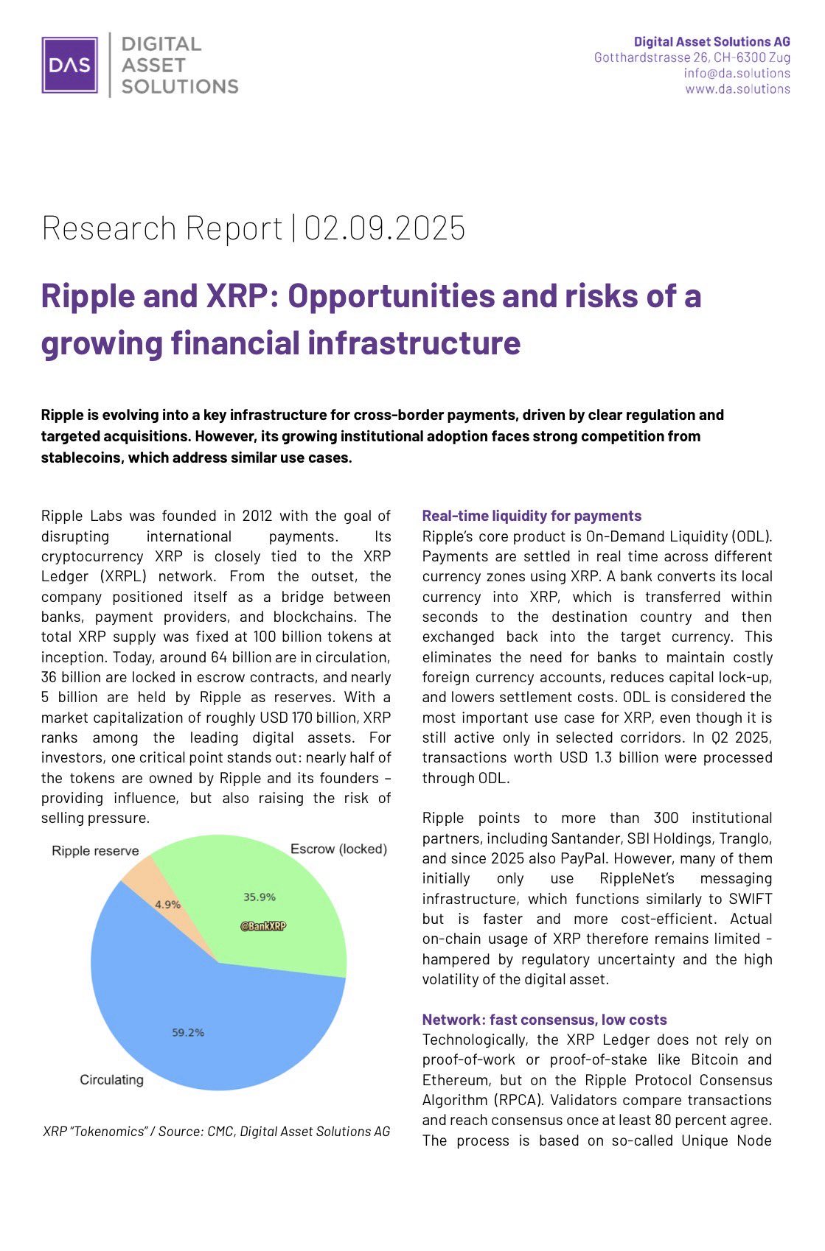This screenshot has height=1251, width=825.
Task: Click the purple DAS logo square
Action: pyautogui.click(x=69, y=65)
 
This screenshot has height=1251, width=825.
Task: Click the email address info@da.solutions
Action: pyautogui.click(x=737, y=73)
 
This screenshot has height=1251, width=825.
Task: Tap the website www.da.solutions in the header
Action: pyautogui.click(x=737, y=89)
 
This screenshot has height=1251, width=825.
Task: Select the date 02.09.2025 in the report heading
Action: pyautogui.click(x=385, y=228)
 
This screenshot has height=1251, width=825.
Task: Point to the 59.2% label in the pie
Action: pyautogui.click(x=188, y=1032)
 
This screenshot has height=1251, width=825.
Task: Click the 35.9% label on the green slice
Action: pyautogui.click(x=260, y=897)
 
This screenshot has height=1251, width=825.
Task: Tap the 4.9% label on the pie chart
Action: pyautogui.click(x=167, y=904)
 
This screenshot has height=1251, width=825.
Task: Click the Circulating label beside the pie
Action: pyautogui.click(x=111, y=1079)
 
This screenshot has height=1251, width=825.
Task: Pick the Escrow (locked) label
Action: pyautogui.click(x=338, y=849)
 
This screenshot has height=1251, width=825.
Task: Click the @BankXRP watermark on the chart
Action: pyautogui.click(x=263, y=926)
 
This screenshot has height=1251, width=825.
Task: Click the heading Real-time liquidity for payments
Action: pyautogui.click(x=532, y=516)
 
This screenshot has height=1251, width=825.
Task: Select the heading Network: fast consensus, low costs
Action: pyautogui.click(x=544, y=1020)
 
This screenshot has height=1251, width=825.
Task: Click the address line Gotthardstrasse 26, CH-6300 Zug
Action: pyautogui.click(x=692, y=57)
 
